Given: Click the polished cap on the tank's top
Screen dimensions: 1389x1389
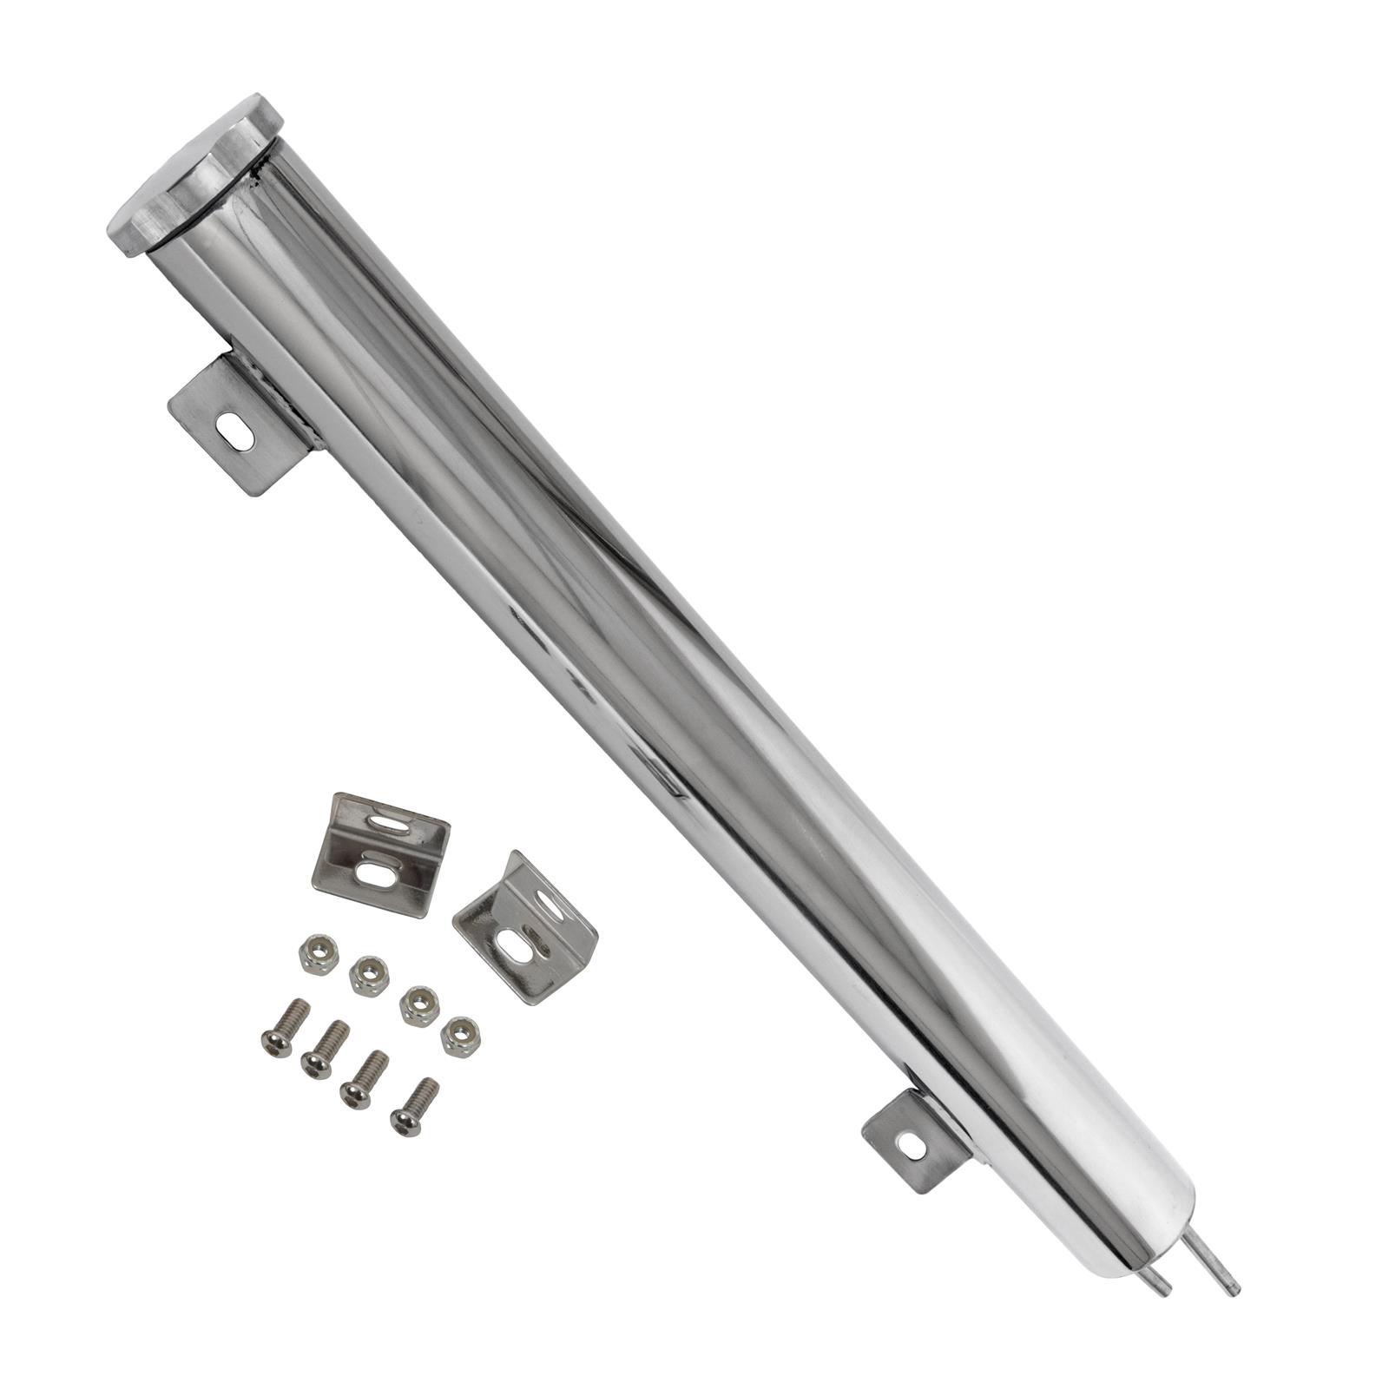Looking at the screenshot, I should pos(195,174).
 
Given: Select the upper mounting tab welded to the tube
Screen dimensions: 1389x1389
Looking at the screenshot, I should pos(239,425).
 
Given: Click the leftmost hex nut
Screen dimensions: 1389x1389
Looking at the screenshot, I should pos(318,954).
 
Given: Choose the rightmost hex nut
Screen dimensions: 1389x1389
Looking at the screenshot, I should pos(460,1036).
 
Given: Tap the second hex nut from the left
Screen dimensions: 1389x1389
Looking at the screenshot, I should pos(369,976).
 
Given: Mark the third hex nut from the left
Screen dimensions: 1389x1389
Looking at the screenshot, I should pos(419,1005).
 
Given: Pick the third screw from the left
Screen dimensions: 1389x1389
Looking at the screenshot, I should pos(364,1079).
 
